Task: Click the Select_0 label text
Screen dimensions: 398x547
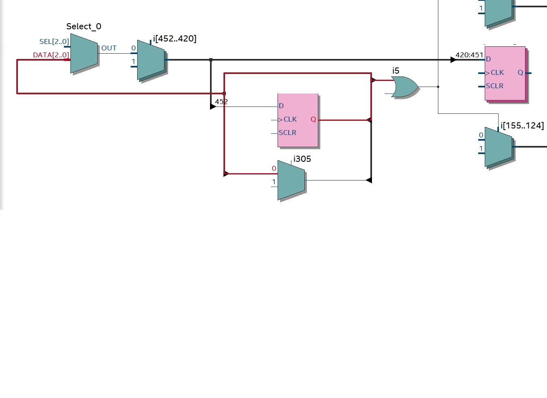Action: (x=83, y=26)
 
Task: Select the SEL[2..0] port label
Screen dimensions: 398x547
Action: (x=54, y=41)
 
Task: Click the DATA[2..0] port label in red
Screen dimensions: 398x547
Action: (x=51, y=55)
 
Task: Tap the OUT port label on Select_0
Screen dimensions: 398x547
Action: (x=109, y=48)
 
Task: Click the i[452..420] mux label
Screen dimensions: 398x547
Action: (x=175, y=39)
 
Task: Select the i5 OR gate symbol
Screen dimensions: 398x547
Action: (x=405, y=87)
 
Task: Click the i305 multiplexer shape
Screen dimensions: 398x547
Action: (x=291, y=180)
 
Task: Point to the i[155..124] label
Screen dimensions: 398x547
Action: (x=522, y=126)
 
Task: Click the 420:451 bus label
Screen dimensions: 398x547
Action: (x=469, y=55)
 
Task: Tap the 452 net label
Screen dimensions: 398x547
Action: (x=221, y=102)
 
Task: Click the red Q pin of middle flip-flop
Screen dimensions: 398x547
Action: (x=313, y=120)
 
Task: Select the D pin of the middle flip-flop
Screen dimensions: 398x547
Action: (x=281, y=106)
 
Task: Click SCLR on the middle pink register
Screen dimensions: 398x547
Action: (x=287, y=133)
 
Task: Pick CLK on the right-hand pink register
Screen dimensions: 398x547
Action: (x=497, y=73)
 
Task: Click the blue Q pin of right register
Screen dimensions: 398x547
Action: (x=520, y=73)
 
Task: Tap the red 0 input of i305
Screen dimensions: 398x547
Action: (x=274, y=169)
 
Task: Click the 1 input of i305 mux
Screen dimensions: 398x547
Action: (x=274, y=182)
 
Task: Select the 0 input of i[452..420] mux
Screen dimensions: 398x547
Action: (x=133, y=48)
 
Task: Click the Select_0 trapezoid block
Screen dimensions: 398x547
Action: (x=84, y=53)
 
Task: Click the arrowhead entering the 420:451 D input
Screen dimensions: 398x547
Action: (x=453, y=60)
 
